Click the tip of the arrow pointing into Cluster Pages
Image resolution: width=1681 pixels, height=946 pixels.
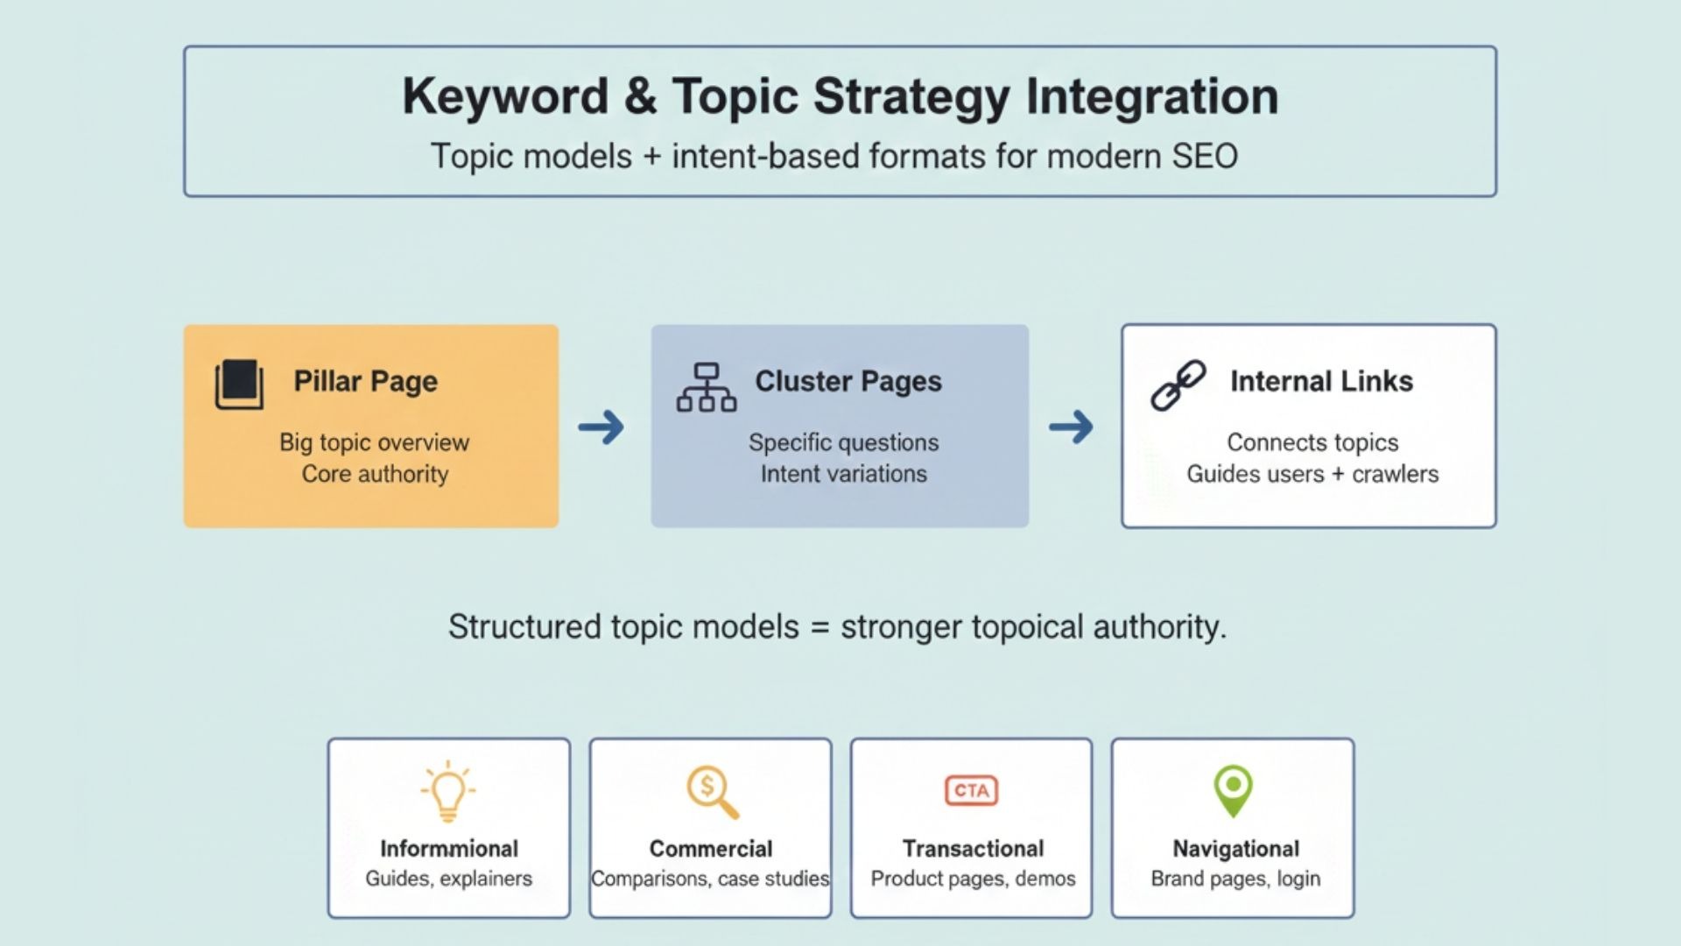point(624,427)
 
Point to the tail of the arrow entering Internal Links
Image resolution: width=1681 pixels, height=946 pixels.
point(1050,427)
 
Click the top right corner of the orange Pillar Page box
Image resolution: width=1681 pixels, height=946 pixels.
point(559,325)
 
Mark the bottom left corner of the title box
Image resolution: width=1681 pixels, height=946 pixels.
point(184,196)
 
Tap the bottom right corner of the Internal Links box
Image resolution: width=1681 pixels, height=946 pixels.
point(1496,527)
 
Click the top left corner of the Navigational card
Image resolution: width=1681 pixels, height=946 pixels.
point(1112,738)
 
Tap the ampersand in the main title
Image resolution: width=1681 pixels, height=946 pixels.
point(640,95)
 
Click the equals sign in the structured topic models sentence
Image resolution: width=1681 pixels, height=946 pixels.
point(819,628)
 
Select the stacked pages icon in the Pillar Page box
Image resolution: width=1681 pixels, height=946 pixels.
point(239,384)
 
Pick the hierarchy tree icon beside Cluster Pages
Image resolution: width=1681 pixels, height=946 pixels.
point(707,387)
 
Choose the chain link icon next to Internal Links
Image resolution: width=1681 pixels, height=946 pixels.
point(1178,385)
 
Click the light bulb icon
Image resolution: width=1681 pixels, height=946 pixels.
point(448,791)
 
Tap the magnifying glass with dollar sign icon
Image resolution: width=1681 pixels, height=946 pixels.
point(713,792)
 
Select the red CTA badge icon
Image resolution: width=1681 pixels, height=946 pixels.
point(972,790)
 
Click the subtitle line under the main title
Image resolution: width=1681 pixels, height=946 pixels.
point(834,157)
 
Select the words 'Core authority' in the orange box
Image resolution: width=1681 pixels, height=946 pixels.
point(375,474)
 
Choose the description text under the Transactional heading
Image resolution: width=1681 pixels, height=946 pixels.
point(973,879)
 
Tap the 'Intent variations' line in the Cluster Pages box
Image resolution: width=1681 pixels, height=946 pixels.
point(843,474)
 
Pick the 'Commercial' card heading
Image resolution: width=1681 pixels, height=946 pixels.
point(711,849)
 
